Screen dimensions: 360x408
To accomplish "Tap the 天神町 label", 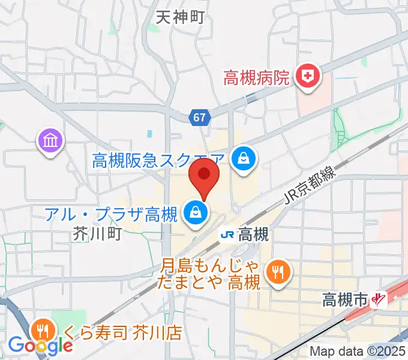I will tap(180, 17).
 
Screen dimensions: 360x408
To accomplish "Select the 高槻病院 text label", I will tap(256, 78).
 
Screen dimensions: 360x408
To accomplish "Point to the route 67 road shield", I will tap(201, 118).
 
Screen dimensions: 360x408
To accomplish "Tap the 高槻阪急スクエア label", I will tap(159, 160).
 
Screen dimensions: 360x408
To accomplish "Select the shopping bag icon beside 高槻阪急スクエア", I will tap(244, 159).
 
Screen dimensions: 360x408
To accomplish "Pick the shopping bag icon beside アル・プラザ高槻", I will tap(196, 212).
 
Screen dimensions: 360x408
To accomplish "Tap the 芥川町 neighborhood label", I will tap(97, 233).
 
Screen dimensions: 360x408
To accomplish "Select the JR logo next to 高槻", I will tap(227, 235).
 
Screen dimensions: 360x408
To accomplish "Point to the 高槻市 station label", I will tap(344, 299).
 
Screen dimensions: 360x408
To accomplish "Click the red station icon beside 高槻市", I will tap(379, 298).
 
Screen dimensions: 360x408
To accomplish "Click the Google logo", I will tap(40, 346).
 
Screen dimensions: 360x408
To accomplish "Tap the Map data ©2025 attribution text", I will tap(357, 352).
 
